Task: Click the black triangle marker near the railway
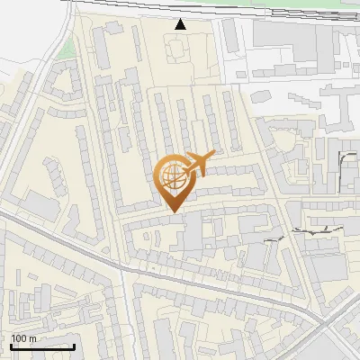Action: [181, 24]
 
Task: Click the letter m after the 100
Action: [33, 337]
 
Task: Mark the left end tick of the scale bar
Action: [12, 346]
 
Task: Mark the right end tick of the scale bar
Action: [74, 346]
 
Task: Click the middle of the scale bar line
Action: [42, 347]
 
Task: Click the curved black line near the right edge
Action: [345, 157]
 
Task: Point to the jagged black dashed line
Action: [306, 233]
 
